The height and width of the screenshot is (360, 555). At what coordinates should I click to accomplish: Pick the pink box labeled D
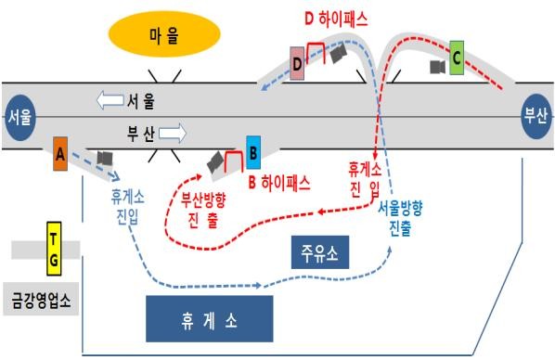click(297, 63)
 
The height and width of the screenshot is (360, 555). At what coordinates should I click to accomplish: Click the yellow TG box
click(54, 250)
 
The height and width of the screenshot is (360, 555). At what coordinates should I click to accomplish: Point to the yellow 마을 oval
click(163, 35)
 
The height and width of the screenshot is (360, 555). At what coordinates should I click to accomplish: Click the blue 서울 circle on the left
click(20, 118)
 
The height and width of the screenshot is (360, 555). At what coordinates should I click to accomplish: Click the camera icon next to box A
click(105, 158)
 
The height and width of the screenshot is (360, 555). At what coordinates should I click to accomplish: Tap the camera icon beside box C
click(435, 67)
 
